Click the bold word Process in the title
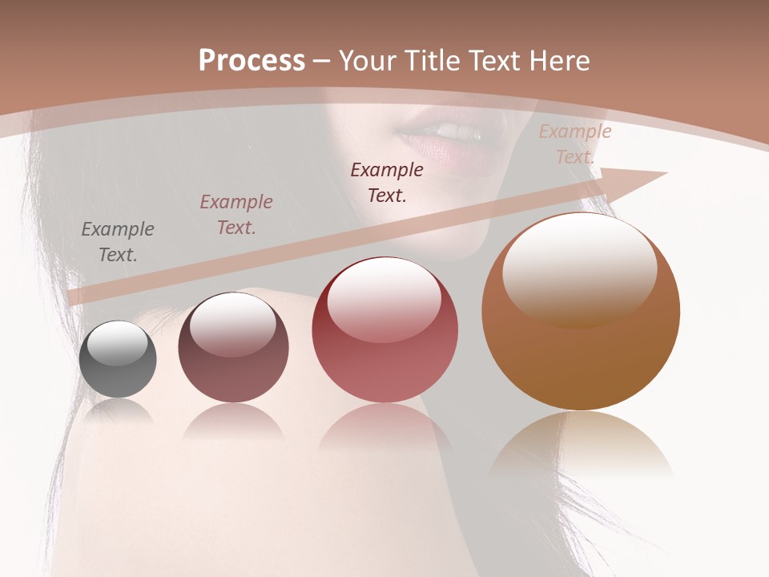tap(252, 60)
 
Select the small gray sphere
tap(118, 360)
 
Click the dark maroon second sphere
tap(233, 348)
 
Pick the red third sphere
tap(384, 330)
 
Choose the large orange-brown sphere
tap(581, 313)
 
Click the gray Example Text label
tap(118, 242)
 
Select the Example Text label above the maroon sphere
tap(236, 215)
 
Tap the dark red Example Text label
tap(387, 182)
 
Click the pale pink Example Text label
tap(574, 144)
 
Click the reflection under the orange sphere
tap(581, 445)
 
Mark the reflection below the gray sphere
tap(118, 410)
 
